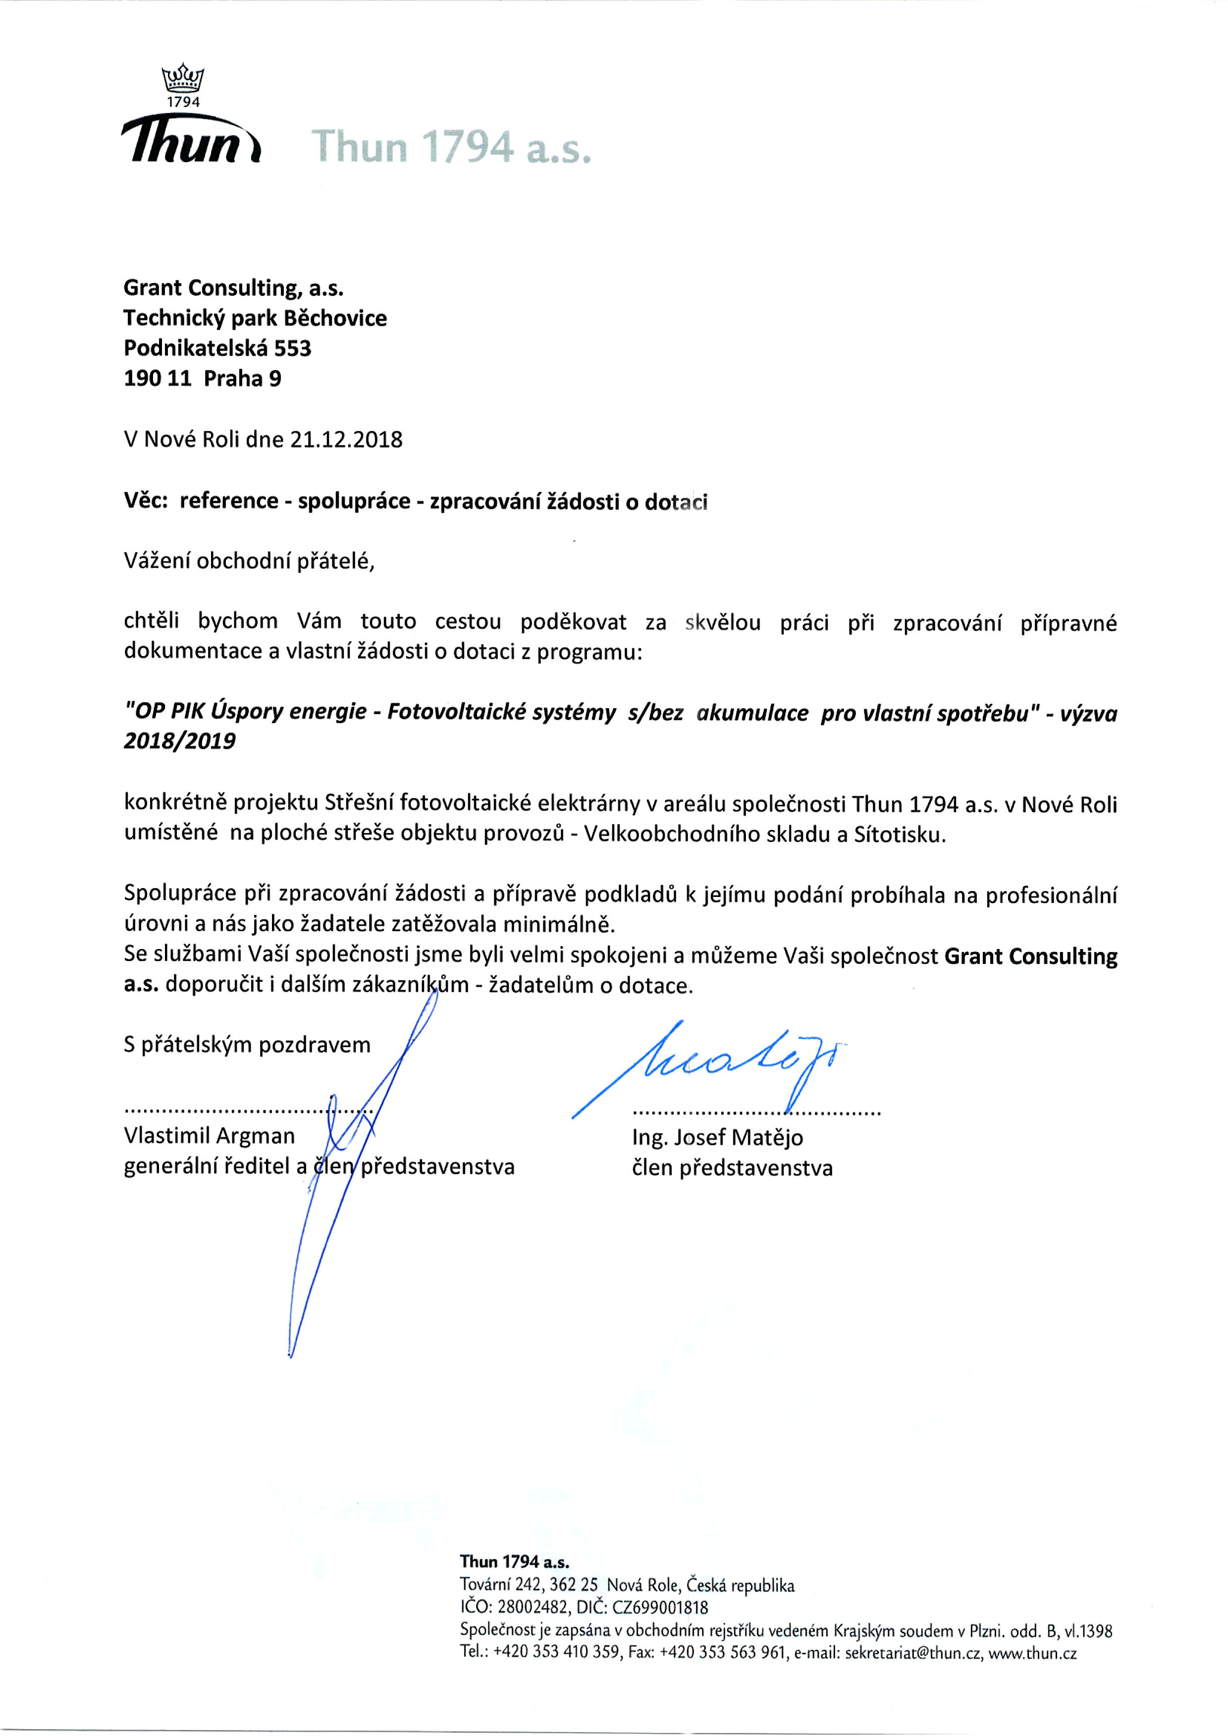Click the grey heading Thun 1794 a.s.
click(451, 147)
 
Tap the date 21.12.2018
click(346, 440)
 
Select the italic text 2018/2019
click(179, 741)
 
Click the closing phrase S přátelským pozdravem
click(247, 1045)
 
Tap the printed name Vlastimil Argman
click(210, 1136)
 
